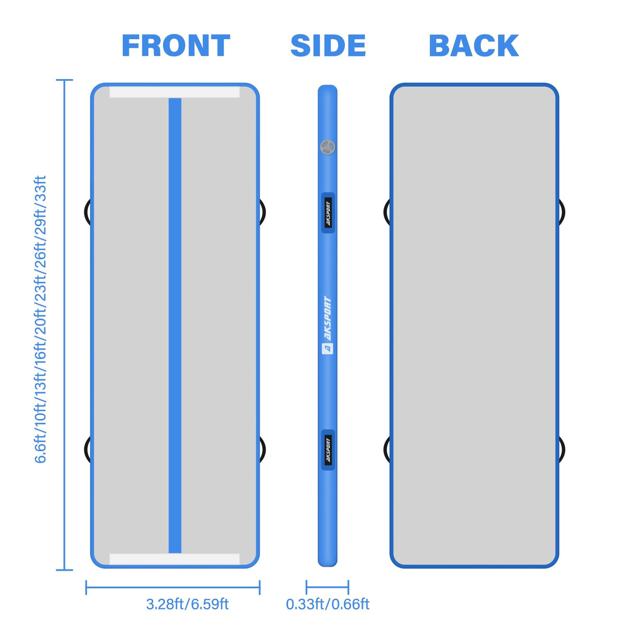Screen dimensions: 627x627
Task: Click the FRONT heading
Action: click(176, 45)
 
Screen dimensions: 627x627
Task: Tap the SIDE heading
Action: click(328, 45)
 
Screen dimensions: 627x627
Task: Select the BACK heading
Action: click(474, 45)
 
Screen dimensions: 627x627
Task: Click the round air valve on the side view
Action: click(327, 148)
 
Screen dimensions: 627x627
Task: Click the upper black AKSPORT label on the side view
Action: click(328, 213)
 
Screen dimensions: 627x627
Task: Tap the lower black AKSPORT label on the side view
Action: click(328, 450)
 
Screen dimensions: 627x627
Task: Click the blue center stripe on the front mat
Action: click(175, 326)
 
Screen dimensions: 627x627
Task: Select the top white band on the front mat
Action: click(175, 92)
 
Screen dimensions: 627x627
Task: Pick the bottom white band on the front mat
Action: click(175, 559)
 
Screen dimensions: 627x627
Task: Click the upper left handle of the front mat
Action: click(87, 212)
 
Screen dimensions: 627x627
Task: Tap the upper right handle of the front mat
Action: click(263, 212)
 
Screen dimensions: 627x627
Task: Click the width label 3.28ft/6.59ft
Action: click(187, 604)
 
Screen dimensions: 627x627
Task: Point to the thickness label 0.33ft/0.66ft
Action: click(328, 604)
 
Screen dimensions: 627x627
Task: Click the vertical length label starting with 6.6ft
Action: click(40, 319)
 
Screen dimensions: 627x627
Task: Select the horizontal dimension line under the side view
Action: click(327, 587)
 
